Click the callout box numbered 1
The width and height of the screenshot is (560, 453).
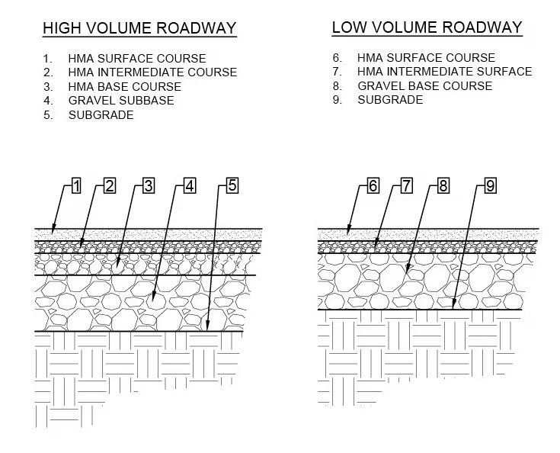(x=76, y=185)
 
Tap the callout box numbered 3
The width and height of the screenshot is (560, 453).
(x=149, y=185)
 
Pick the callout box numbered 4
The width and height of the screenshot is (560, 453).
(x=190, y=185)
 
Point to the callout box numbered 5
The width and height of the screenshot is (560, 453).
(x=232, y=185)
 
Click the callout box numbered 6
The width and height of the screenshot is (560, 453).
(x=373, y=185)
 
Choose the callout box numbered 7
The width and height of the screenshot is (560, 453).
(x=406, y=185)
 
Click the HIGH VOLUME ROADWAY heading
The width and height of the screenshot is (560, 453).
(x=139, y=29)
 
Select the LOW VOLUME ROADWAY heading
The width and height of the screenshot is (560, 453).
(x=427, y=28)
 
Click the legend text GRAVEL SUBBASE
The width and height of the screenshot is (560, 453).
(x=121, y=101)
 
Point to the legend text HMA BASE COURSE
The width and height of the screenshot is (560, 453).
(x=125, y=86)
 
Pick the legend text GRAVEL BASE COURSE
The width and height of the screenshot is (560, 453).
(x=425, y=85)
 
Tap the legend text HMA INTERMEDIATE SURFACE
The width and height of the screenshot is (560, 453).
(x=445, y=72)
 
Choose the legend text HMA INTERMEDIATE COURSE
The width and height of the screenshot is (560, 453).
(x=152, y=72)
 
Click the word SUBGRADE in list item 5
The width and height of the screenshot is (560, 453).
(x=101, y=115)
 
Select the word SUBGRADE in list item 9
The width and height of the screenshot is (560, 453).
(x=390, y=100)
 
